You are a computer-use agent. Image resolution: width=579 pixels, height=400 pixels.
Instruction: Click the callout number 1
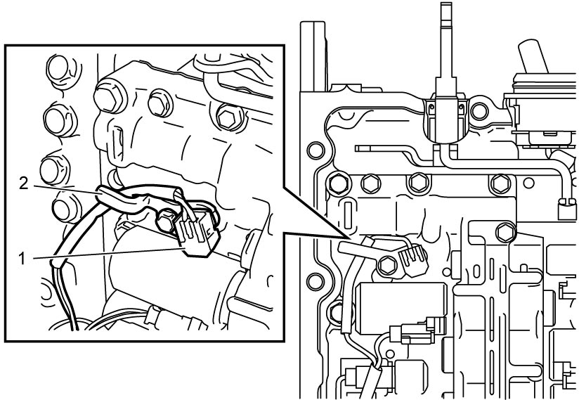click(x=22, y=259)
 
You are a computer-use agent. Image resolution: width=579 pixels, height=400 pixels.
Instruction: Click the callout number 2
click(x=23, y=183)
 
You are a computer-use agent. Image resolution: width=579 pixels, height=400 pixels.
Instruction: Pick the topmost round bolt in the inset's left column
click(x=59, y=70)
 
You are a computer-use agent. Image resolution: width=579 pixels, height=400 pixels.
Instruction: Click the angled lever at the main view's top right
click(x=533, y=56)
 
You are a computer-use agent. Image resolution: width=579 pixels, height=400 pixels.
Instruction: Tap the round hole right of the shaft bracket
click(x=479, y=112)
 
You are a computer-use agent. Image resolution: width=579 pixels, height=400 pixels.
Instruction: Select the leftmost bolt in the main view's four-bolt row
click(x=337, y=183)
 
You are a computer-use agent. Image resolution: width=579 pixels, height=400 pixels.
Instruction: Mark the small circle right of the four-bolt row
click(x=528, y=183)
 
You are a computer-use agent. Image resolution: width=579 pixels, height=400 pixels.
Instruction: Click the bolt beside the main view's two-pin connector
click(x=386, y=265)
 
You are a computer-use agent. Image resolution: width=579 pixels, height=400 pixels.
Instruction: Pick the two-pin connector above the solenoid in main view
click(x=414, y=259)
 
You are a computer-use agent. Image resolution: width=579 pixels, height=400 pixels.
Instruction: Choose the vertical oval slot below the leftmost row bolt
click(x=346, y=215)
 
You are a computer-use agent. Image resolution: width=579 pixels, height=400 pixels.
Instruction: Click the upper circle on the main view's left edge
click(x=315, y=150)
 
